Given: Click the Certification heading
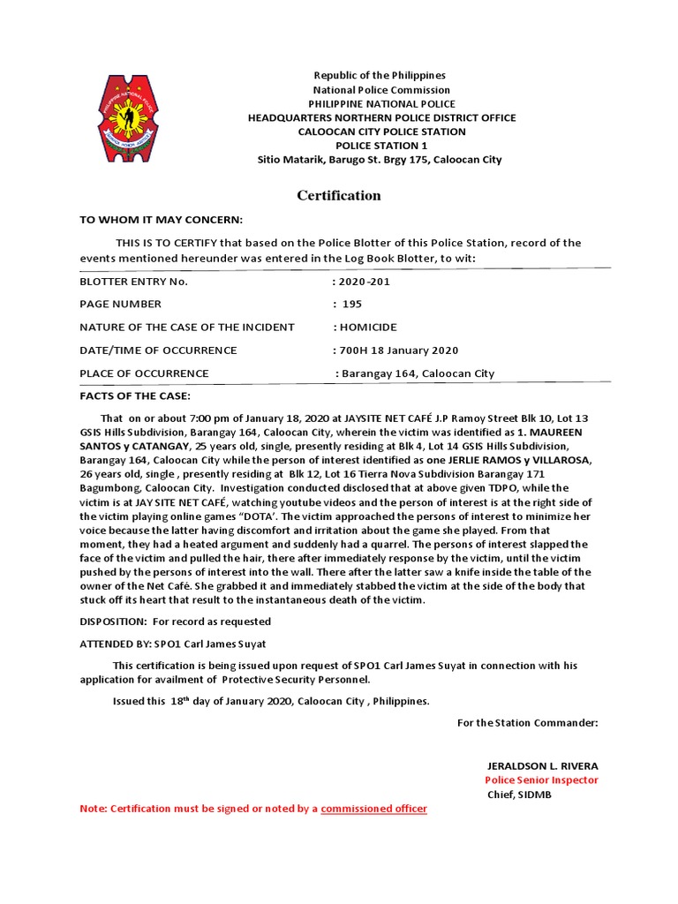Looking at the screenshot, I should [338, 195].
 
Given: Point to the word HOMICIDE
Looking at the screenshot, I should [365, 327].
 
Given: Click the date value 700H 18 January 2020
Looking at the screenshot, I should [397, 350].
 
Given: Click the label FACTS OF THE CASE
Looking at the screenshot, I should [135, 395].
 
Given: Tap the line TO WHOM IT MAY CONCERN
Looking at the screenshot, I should [161, 219].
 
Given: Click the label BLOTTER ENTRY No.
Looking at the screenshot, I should [133, 282].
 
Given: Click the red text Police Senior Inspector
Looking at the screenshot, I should [540, 780].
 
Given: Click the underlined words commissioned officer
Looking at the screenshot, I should [373, 809].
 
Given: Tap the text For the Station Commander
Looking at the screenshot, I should [527, 723].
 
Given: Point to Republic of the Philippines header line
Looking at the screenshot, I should [380, 75].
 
